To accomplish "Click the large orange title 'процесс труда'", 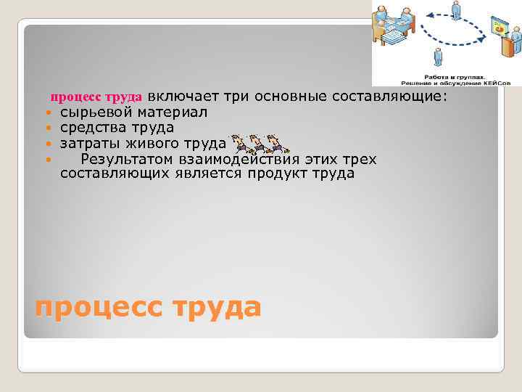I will tap(148, 308).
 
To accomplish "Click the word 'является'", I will tap(215, 174).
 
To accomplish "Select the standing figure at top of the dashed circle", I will tap(455, 10).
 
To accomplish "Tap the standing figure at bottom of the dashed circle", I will tap(437, 57).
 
